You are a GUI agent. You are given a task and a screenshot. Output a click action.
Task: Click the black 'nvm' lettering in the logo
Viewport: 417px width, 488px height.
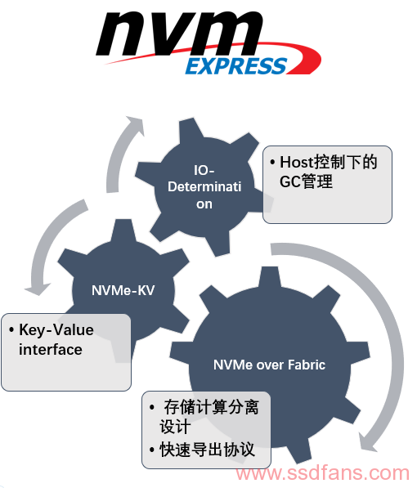click(179, 34)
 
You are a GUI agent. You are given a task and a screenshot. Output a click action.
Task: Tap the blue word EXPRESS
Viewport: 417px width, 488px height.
click(236, 66)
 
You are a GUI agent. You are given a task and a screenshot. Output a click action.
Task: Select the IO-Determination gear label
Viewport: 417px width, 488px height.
click(204, 186)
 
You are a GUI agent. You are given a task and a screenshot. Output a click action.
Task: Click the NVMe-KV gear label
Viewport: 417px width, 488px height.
click(123, 290)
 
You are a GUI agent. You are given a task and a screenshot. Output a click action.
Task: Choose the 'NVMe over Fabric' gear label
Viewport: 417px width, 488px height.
click(269, 365)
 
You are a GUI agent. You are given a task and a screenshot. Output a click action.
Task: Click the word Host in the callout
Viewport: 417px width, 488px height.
click(296, 162)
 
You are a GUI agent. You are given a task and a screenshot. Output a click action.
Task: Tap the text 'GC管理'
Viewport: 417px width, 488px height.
click(306, 181)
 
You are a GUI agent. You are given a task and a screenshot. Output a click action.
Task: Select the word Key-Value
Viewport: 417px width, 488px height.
click(56, 330)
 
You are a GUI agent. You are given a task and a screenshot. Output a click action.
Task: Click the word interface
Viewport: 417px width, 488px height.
click(51, 350)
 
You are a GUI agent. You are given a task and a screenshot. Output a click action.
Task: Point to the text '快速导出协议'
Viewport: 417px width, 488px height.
click(207, 449)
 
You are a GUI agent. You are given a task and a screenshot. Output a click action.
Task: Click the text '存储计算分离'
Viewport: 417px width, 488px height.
click(212, 407)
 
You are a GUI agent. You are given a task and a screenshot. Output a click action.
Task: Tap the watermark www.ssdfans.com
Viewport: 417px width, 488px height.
click(322, 473)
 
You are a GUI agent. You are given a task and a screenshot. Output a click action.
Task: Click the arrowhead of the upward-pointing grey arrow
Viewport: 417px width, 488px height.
click(137, 125)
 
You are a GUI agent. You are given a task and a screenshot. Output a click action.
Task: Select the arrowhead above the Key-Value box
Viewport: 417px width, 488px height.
click(38, 289)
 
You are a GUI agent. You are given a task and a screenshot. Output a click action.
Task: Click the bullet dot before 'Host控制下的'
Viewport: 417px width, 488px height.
click(272, 162)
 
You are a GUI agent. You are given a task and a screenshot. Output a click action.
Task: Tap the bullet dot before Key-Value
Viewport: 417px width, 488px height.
click(11, 330)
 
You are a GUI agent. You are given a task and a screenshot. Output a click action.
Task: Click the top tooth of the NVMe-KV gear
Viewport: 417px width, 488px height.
click(123, 230)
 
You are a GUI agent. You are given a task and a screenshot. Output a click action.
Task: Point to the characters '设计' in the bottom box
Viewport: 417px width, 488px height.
click(175, 427)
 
